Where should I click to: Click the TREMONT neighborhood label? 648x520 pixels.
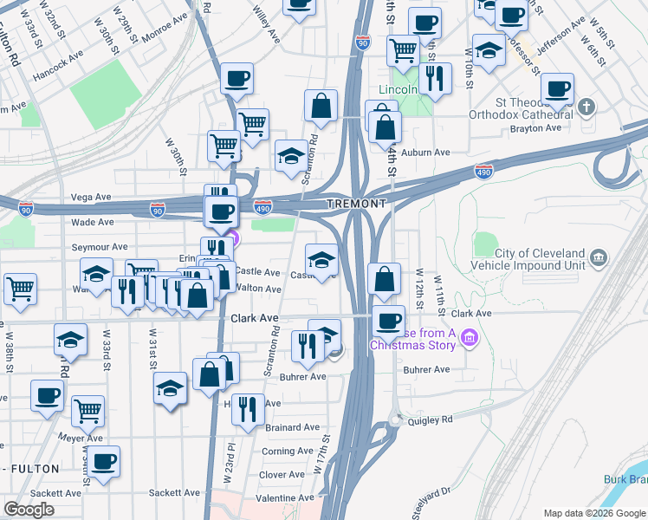click(356, 204)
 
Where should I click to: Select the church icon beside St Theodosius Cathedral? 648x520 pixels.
click(587, 107)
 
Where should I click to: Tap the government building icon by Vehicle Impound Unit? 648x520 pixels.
click(599, 257)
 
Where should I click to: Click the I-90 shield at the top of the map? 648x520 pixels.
click(362, 42)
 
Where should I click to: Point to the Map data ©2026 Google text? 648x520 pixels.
click(593, 513)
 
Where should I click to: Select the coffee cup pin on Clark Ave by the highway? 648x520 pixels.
click(388, 321)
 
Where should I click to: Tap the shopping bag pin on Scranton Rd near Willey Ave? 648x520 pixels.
click(321, 106)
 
